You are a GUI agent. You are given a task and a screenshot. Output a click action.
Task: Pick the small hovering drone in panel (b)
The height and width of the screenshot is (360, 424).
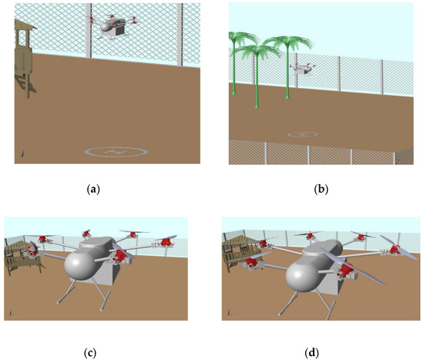(x=301, y=70)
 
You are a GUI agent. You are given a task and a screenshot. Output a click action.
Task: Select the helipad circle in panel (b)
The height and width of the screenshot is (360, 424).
(x=303, y=134)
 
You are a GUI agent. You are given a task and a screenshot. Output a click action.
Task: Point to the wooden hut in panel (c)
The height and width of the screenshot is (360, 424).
(x=22, y=258)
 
